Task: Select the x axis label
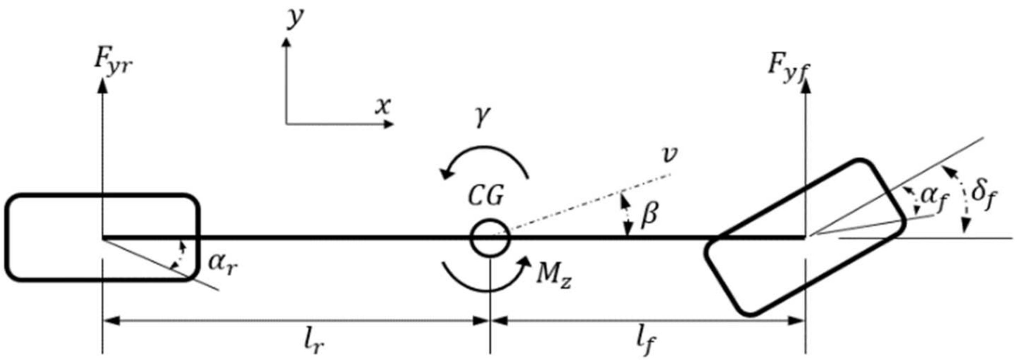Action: coord(383,106)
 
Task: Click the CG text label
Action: coord(486,197)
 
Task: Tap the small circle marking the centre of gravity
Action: coord(490,238)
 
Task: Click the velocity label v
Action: coord(669,154)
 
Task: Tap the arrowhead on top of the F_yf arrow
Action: coord(806,86)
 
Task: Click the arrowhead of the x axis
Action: coord(389,124)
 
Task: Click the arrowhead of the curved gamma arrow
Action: coord(447,175)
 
